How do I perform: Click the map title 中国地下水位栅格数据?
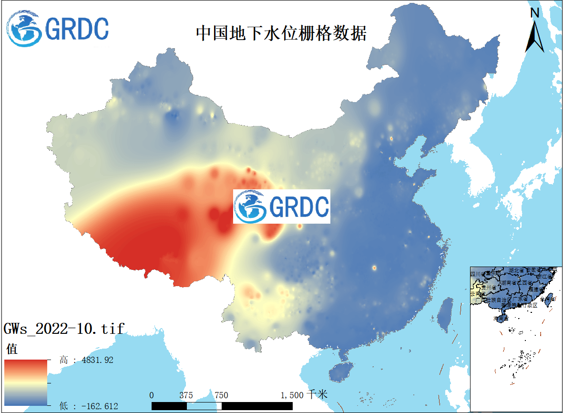(281, 33)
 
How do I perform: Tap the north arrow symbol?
(535, 31)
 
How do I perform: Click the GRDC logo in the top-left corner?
(58, 29)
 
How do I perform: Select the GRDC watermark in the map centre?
(281, 206)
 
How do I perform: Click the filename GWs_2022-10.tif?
(64, 329)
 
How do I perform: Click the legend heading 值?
(11, 349)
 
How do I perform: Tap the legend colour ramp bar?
(26, 382)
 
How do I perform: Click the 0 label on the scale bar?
(152, 395)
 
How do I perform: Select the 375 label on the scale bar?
(186, 395)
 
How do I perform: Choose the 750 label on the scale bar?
(221, 395)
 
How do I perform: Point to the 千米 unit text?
(317, 394)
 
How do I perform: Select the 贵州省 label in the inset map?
(488, 288)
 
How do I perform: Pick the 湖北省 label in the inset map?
(517, 271)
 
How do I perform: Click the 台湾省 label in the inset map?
(548, 299)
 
